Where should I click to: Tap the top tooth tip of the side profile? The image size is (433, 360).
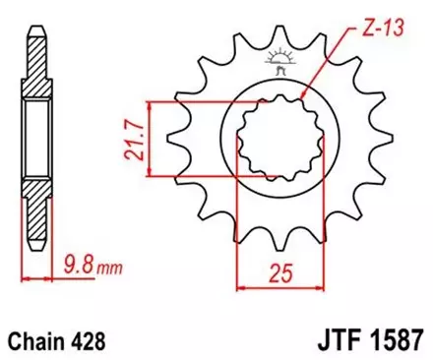point(36,22)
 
